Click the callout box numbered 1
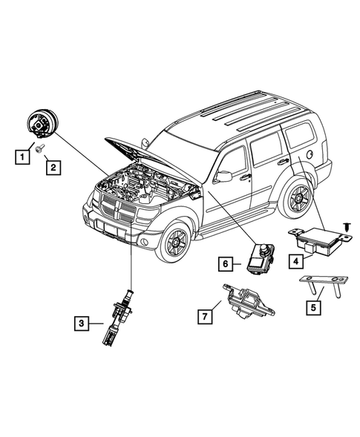pos(22,157)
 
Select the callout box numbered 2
pos(53,168)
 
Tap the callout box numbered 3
pos(82,323)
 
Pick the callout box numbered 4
pos(296,261)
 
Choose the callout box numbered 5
pos(313,308)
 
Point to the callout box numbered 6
pos(226,263)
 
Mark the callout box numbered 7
pos(205,317)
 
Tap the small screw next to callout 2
pos(39,148)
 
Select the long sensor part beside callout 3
pos(119,318)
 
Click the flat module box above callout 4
pos(320,241)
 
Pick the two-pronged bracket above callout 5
pos(324,286)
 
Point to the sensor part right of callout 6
pos(261,258)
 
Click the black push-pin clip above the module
pos(347,226)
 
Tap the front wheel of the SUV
pos(175,242)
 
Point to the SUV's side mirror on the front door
pos(223,176)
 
